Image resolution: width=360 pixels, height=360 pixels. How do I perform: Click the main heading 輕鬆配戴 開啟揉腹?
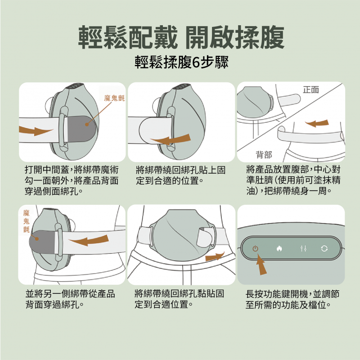(x=181, y=37)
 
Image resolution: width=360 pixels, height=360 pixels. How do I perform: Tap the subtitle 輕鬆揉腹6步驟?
(x=181, y=62)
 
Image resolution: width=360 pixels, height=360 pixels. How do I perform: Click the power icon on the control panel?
(x=255, y=248)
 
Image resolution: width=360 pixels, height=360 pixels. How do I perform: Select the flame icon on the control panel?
(x=279, y=248)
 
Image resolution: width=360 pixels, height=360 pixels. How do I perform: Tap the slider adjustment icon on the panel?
(x=303, y=248)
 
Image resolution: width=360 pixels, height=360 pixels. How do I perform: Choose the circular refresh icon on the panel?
(x=324, y=248)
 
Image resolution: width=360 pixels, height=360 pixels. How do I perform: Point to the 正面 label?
(x=311, y=90)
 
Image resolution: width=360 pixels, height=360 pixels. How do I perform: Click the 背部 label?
(x=264, y=155)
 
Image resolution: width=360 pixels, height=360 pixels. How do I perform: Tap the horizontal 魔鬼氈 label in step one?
(x=114, y=98)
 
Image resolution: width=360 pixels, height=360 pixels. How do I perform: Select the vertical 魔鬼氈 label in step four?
(x=27, y=221)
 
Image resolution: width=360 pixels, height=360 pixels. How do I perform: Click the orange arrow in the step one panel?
(x=36, y=130)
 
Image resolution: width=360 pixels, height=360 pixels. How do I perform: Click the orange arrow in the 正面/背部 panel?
(x=317, y=123)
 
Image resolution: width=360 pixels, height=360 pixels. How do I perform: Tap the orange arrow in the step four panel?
(x=89, y=240)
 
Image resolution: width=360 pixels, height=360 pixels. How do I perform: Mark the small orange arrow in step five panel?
(x=215, y=256)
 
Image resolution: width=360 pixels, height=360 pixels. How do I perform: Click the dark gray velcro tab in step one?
(x=81, y=129)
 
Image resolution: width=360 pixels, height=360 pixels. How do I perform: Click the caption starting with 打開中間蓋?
(x=72, y=180)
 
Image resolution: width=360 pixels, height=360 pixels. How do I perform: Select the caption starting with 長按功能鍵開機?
(x=292, y=299)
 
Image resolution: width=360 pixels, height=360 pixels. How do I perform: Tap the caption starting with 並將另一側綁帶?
(x=70, y=299)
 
